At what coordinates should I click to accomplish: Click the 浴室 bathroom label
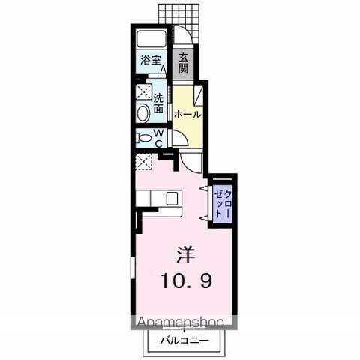[151, 60]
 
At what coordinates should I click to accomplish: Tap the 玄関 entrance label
[183, 63]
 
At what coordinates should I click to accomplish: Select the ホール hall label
[187, 115]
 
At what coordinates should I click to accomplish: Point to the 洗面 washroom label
[158, 103]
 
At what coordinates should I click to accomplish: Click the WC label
[159, 138]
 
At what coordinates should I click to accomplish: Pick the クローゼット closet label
[223, 204]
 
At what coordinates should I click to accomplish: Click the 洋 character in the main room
[185, 254]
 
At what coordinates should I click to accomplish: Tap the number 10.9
[187, 280]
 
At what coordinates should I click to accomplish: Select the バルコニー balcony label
[184, 340]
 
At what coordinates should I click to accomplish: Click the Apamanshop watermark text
[181, 322]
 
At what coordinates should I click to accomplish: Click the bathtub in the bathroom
[151, 39]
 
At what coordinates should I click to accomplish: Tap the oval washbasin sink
[143, 113]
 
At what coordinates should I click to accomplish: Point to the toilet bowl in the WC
[144, 138]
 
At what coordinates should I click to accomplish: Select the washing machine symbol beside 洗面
[144, 91]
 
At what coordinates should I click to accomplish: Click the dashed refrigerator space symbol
[144, 162]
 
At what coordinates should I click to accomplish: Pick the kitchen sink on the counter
[172, 198]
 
